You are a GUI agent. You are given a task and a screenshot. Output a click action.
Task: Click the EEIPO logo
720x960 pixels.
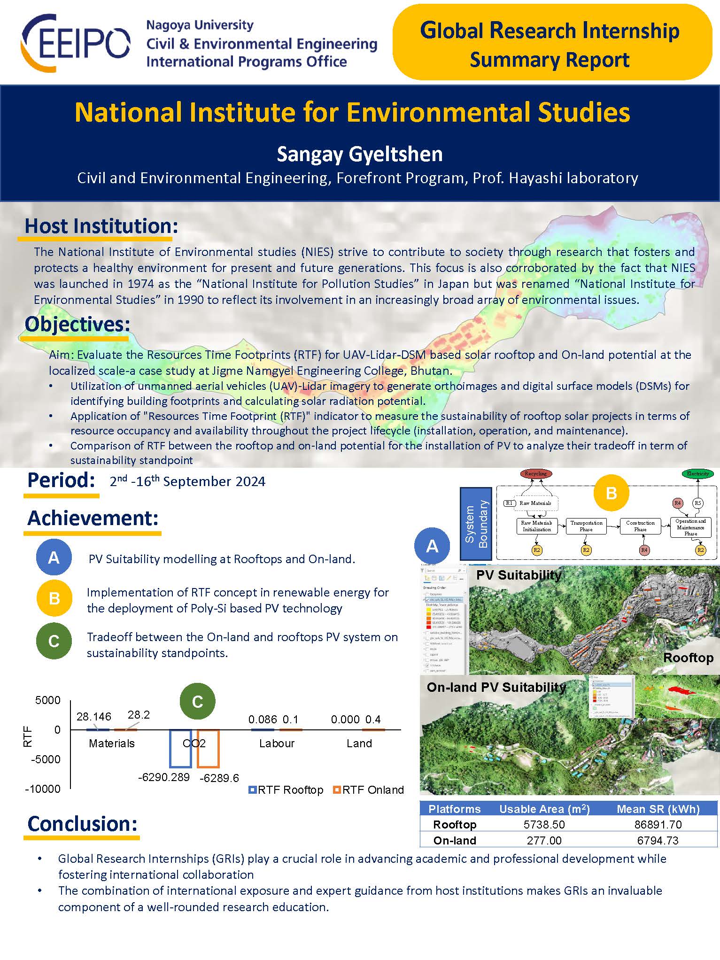(75, 43)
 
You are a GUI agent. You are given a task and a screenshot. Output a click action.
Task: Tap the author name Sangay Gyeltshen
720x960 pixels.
(359, 154)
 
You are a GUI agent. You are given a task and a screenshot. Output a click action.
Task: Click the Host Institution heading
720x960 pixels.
(101, 226)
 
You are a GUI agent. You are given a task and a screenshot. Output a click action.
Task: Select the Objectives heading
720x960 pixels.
(77, 325)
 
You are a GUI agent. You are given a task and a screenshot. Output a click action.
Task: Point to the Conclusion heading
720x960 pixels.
(82, 823)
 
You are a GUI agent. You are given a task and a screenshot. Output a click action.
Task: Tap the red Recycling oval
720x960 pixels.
(535, 473)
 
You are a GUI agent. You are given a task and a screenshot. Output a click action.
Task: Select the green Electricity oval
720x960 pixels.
(697, 473)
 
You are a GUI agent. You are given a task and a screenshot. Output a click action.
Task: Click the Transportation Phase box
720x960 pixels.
(586, 526)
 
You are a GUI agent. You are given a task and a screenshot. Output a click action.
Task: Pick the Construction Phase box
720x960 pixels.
(640, 526)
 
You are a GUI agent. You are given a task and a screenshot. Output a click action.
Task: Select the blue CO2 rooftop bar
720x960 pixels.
(180, 749)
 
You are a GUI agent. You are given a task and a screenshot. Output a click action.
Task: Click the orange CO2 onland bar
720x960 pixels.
(208, 749)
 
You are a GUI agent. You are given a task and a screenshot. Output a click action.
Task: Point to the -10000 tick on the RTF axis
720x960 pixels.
(43, 789)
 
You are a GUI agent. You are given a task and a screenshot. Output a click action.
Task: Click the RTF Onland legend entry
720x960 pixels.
(368, 790)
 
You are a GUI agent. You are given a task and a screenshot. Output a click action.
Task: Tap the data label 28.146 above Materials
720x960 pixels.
(94, 716)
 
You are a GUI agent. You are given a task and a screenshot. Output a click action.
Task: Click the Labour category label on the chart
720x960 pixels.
(277, 743)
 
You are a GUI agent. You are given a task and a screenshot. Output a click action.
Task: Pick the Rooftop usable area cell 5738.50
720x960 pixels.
(544, 824)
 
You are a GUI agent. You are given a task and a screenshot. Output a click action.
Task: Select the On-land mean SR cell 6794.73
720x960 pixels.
(658, 840)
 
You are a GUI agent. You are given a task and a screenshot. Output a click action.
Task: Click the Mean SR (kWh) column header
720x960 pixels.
(658, 809)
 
